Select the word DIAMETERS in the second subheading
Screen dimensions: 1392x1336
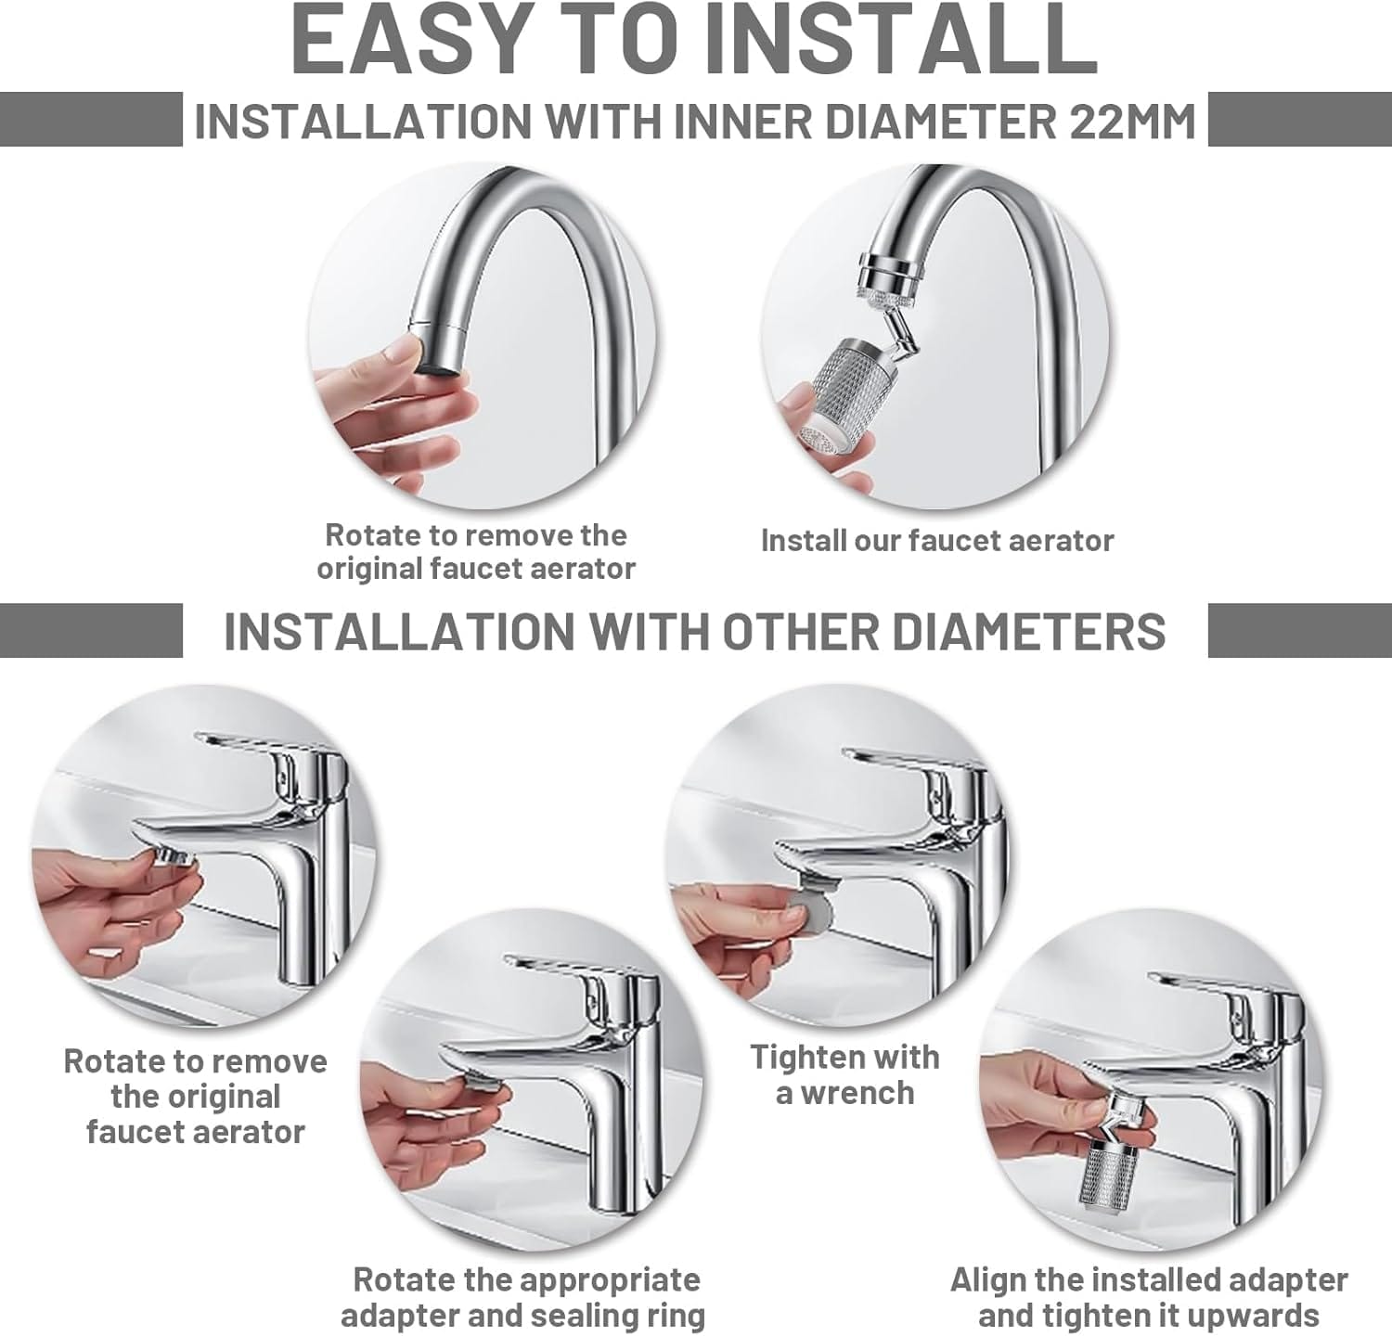(x=1027, y=631)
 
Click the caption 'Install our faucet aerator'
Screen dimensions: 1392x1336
(x=937, y=540)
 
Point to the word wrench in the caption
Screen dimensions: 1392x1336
(x=857, y=1093)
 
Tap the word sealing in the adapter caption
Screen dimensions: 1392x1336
(x=581, y=1316)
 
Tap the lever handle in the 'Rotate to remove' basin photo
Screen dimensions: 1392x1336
(x=264, y=746)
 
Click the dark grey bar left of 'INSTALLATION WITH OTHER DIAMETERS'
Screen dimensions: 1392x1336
(x=91, y=630)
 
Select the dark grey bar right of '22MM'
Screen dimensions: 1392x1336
(x=1300, y=119)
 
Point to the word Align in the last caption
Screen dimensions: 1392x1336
(x=987, y=1280)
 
